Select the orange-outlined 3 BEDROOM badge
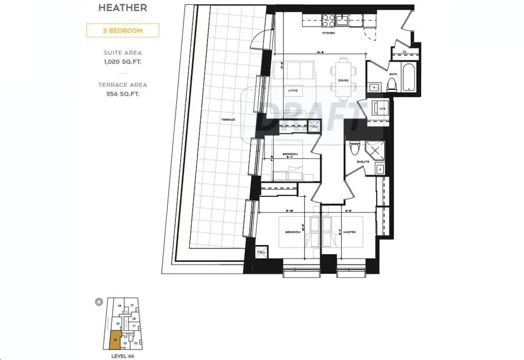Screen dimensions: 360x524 pos(122,31)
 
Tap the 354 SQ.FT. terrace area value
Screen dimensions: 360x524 pos(122,94)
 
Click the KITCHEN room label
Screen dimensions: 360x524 pos(328,33)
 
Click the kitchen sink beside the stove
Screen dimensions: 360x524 pos(343,20)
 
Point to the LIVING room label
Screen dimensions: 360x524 pos(293,91)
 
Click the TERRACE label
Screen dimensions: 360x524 pos(228,119)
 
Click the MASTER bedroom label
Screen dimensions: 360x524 pos(349,232)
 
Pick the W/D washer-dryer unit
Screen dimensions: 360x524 pos(380,108)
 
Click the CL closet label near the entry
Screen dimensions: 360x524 pos(404,52)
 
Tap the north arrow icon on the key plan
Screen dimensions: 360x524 pos(99,302)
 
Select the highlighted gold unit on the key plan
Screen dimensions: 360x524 pos(115,340)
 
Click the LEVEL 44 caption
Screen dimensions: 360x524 pos(122,355)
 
